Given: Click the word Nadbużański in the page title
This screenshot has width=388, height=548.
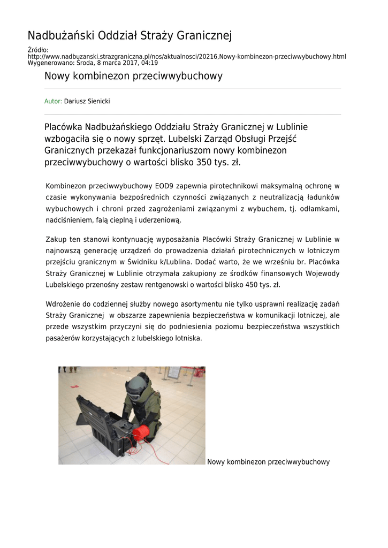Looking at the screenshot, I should [x=60, y=36].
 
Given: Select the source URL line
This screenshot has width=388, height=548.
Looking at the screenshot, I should [x=186, y=56].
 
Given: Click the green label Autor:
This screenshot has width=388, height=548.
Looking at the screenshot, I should [x=54, y=101].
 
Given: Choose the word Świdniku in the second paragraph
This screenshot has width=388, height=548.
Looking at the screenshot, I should [x=146, y=262].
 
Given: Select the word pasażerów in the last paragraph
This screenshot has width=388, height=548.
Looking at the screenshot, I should [x=63, y=338].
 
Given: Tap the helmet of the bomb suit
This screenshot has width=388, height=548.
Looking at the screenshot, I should [x=139, y=383].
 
